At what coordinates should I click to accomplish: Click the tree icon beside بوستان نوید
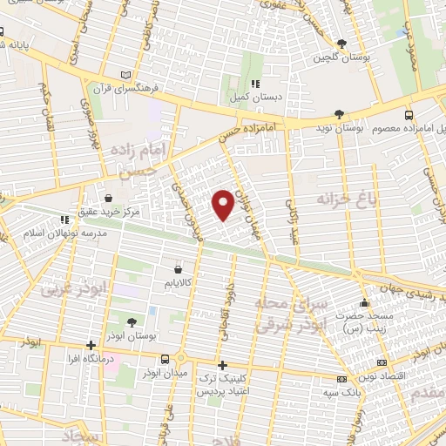click(x=340, y=114)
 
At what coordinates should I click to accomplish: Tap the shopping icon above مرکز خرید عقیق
click(x=108, y=198)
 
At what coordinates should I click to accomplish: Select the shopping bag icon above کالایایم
click(x=179, y=269)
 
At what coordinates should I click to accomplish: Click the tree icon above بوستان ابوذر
click(x=132, y=321)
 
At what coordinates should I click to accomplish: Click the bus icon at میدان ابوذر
click(x=166, y=358)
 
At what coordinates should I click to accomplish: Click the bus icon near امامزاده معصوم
click(x=409, y=114)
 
